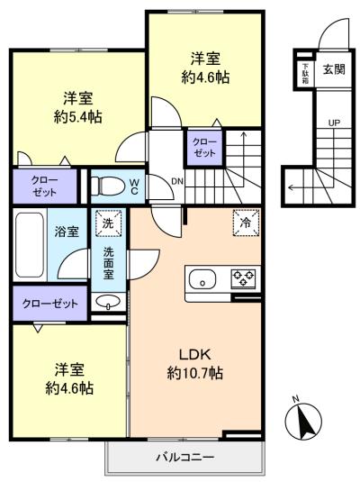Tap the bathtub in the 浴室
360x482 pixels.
click(x=30, y=245)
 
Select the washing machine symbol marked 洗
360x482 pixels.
click(x=108, y=223)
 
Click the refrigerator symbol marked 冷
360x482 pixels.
click(x=246, y=223)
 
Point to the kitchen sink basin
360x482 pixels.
click(x=202, y=279)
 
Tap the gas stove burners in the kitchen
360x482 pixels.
click(x=244, y=277)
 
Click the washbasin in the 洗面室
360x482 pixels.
click(x=107, y=301)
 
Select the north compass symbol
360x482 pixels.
click(x=303, y=420)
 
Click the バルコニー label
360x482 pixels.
click(x=184, y=457)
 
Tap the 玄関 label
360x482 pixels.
click(x=334, y=69)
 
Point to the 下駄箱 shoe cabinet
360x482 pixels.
click(x=305, y=74)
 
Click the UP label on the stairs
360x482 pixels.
click(x=334, y=123)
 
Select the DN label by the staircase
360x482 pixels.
click(x=177, y=181)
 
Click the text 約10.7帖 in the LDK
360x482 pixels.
click(x=195, y=373)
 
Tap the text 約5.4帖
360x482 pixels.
click(x=78, y=116)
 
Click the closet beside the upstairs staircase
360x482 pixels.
click(x=204, y=148)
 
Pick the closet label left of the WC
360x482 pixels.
click(x=44, y=186)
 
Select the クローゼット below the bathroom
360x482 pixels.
click(x=50, y=304)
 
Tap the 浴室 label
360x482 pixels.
click(x=67, y=232)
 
